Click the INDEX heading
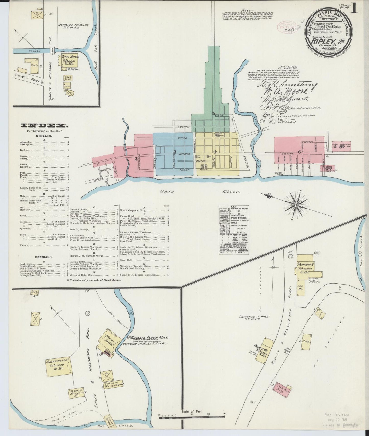[x=44, y=125]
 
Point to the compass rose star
[x=296, y=205]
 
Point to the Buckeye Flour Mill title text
[x=149, y=337]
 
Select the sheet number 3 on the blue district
[x=175, y=152]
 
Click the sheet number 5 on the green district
[x=213, y=113]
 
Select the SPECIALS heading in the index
[x=44, y=257]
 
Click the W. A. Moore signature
[x=293, y=91]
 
